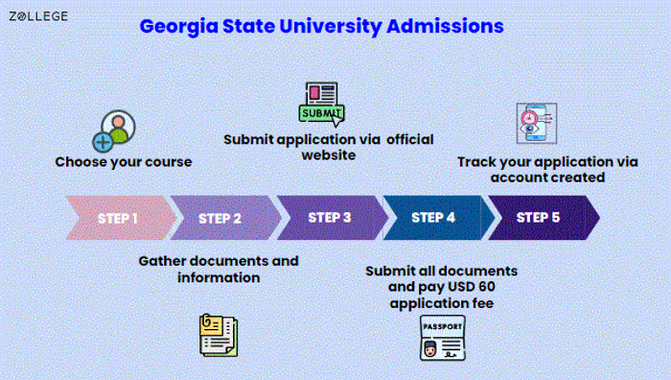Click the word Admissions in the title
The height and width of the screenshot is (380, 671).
(x=445, y=26)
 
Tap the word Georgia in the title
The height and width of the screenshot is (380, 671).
(x=177, y=26)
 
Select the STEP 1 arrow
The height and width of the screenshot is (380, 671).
(x=116, y=218)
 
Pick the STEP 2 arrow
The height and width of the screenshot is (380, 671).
(x=221, y=218)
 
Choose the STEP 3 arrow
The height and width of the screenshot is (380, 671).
(x=329, y=218)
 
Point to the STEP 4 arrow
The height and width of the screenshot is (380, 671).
(x=434, y=218)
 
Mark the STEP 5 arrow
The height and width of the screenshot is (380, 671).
(x=540, y=218)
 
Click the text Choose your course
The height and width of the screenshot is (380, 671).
(x=123, y=162)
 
